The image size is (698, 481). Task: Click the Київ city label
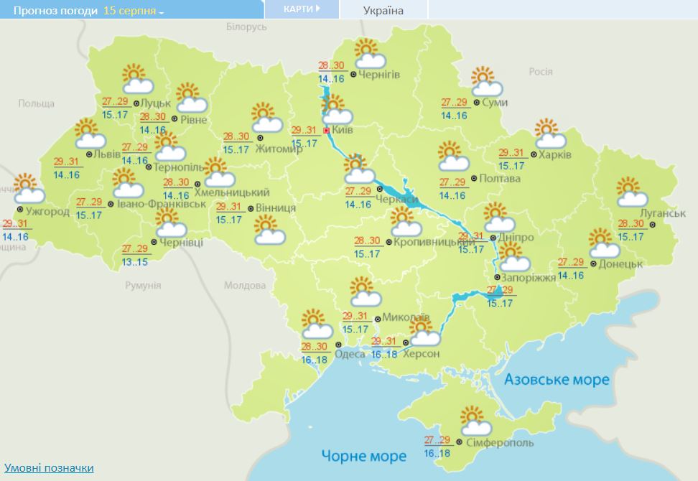[343, 131]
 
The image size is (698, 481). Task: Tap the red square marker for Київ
[327, 131]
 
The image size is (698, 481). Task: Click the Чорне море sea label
[364, 455]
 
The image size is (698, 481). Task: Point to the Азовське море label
[557, 379]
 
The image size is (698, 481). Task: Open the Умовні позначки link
[49, 468]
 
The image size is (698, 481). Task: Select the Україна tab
[383, 10]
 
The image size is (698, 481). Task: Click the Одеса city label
[350, 353]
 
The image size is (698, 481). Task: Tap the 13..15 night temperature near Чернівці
[135, 261]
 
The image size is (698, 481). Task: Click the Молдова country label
[244, 285]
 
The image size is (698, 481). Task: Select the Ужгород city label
[47, 212]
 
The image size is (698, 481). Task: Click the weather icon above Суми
[486, 82]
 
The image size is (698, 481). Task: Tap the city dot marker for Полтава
[473, 178]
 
